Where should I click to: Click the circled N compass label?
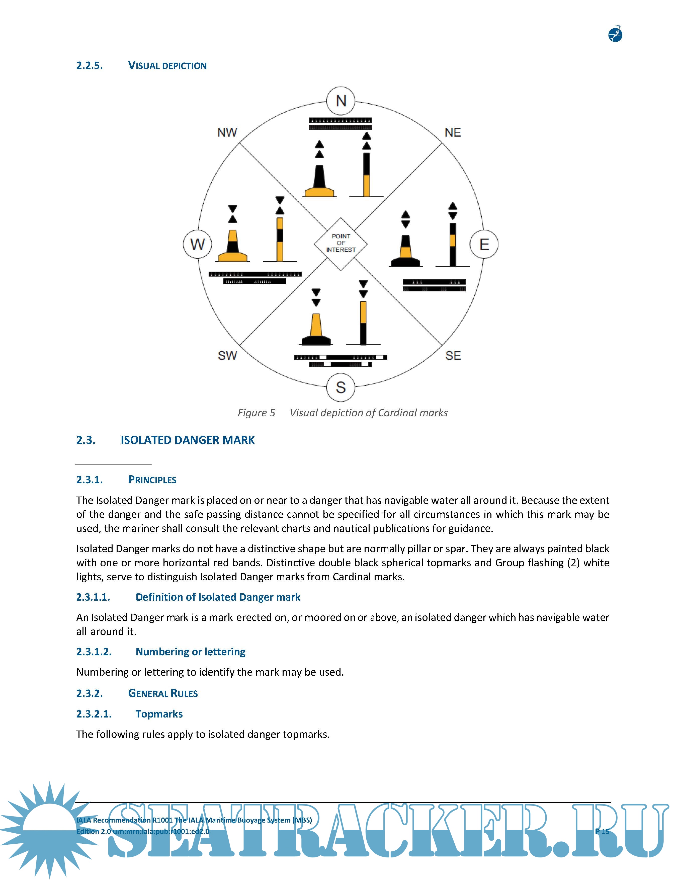point(341,101)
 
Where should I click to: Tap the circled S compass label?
point(341,387)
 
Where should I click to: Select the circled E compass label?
point(484,244)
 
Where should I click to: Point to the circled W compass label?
point(197,244)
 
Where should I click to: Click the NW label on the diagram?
point(227,133)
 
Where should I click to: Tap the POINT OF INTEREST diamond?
point(341,243)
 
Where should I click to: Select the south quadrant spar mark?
point(363,318)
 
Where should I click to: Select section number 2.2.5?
point(90,66)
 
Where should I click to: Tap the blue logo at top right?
point(615,34)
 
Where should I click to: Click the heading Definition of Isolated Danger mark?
point(218,597)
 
